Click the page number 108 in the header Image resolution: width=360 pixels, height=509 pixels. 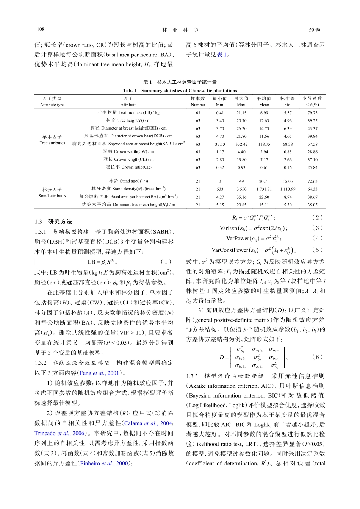pyautogui.click(x=41, y=30)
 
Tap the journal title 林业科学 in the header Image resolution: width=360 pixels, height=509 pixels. pyautogui.click(x=180, y=30)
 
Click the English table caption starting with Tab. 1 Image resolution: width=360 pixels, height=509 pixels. pyautogui.click(x=180, y=91)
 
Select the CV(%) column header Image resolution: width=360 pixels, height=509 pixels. pyautogui.click(x=312, y=105)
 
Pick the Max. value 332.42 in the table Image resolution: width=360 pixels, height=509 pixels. pyautogui.click(x=241, y=144)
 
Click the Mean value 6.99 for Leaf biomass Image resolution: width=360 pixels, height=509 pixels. pyautogui.click(x=264, y=113)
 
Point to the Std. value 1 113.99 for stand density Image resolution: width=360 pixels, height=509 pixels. pyautogui.click(x=288, y=189)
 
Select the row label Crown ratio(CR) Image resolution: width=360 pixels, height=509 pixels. pyautogui.click(x=128, y=167)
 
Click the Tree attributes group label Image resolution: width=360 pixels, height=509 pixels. pyautogui.click(x=52, y=143)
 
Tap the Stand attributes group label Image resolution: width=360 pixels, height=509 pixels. pyautogui.click(x=52, y=196)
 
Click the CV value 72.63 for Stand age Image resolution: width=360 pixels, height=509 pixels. pyautogui.click(x=312, y=181)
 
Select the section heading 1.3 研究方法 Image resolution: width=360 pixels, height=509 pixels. pyautogui.click(x=53, y=222)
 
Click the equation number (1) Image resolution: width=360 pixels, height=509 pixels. pyautogui.click(x=166, y=262)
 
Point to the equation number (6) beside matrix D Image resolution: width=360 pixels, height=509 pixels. pyautogui.click(x=317, y=357)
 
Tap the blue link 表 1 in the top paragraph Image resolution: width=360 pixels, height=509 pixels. pyautogui.click(x=222, y=55)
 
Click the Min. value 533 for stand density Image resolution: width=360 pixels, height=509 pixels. pyautogui.click(x=220, y=189)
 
